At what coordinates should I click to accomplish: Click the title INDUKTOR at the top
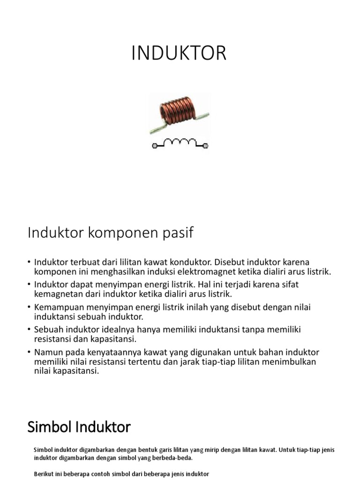coord(179,54)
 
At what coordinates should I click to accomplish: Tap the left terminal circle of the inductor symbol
coord(155,146)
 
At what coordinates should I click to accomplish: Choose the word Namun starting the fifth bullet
coord(47,352)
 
